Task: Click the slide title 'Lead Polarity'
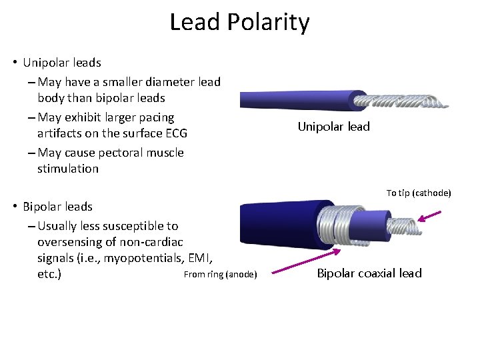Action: [239, 22]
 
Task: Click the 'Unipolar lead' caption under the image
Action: [333, 127]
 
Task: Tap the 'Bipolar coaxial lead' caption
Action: [369, 273]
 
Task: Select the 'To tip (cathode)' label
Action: [419, 193]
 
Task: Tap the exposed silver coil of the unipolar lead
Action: [400, 100]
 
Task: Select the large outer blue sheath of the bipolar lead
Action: [280, 223]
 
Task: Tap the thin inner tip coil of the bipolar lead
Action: [400, 225]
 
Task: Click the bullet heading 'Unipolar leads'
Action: [61, 63]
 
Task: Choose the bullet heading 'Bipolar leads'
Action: [57, 207]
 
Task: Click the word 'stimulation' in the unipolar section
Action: [68, 169]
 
